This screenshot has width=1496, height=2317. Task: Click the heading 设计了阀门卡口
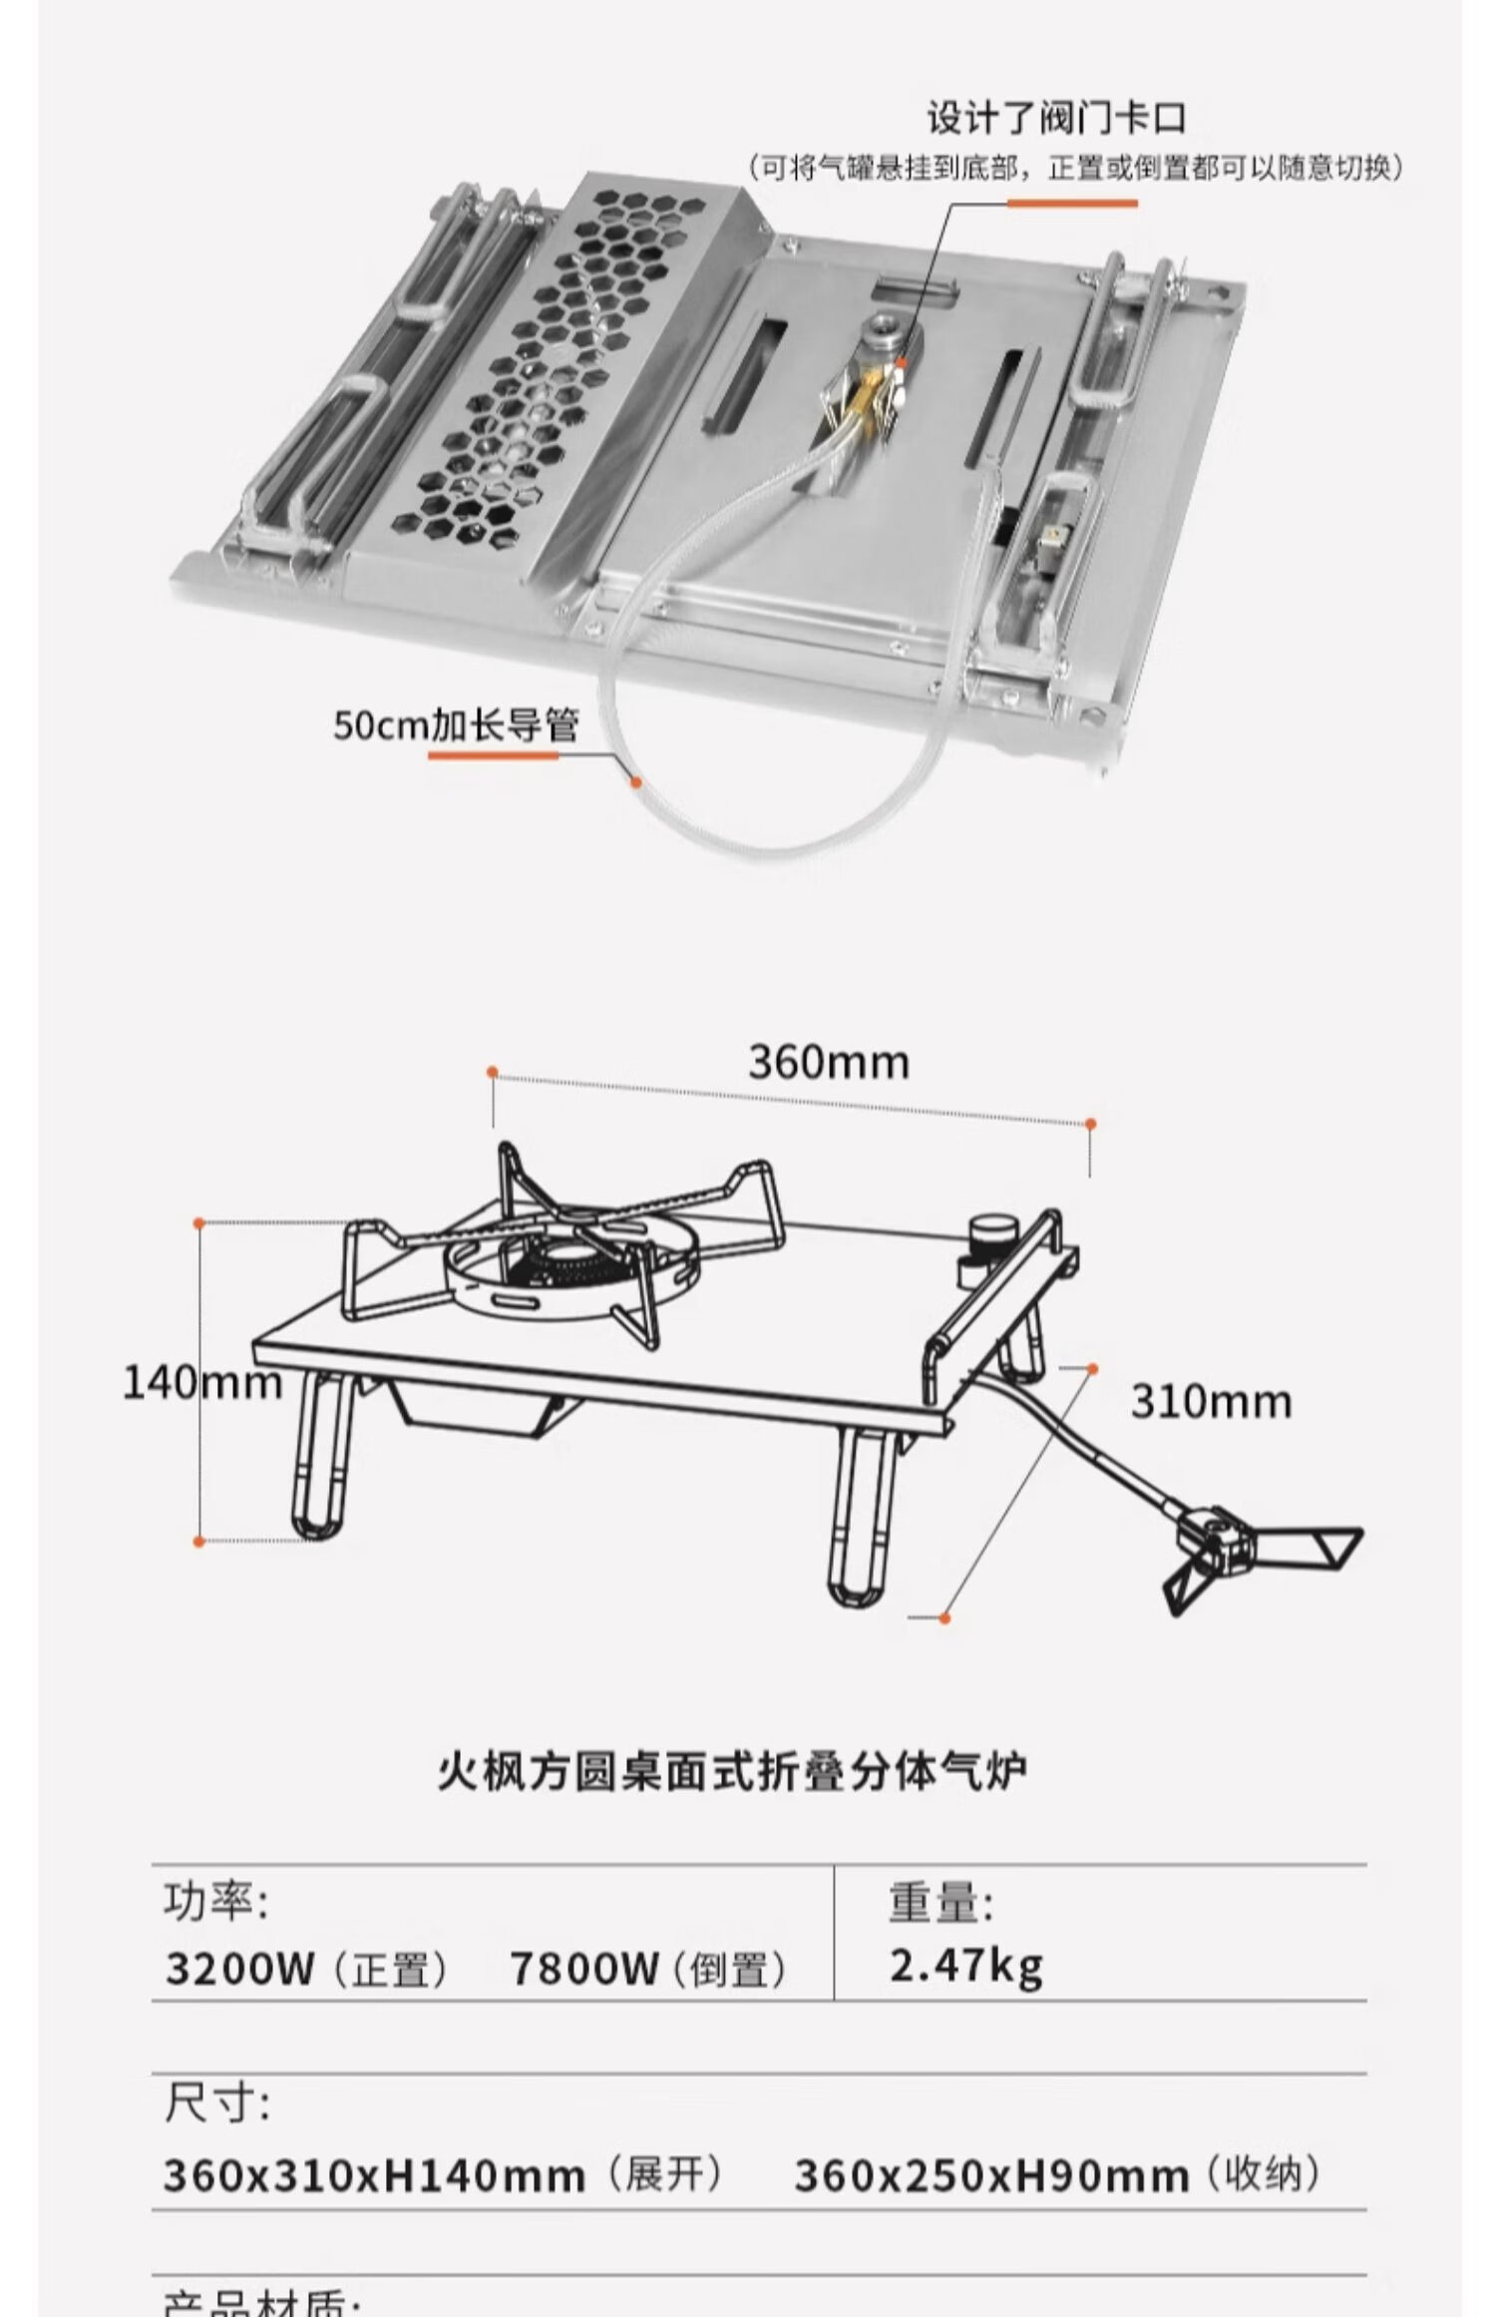pos(1056,119)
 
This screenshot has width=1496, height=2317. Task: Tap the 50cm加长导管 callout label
pos(456,724)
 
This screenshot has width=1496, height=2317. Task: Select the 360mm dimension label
pos(829,1062)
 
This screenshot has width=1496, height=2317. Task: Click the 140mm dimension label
pos(201,1383)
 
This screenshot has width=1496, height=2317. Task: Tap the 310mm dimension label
pos(1211,1401)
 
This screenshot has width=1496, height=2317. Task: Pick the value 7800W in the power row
pos(584,1969)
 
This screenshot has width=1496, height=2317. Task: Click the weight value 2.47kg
pos(965,1965)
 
